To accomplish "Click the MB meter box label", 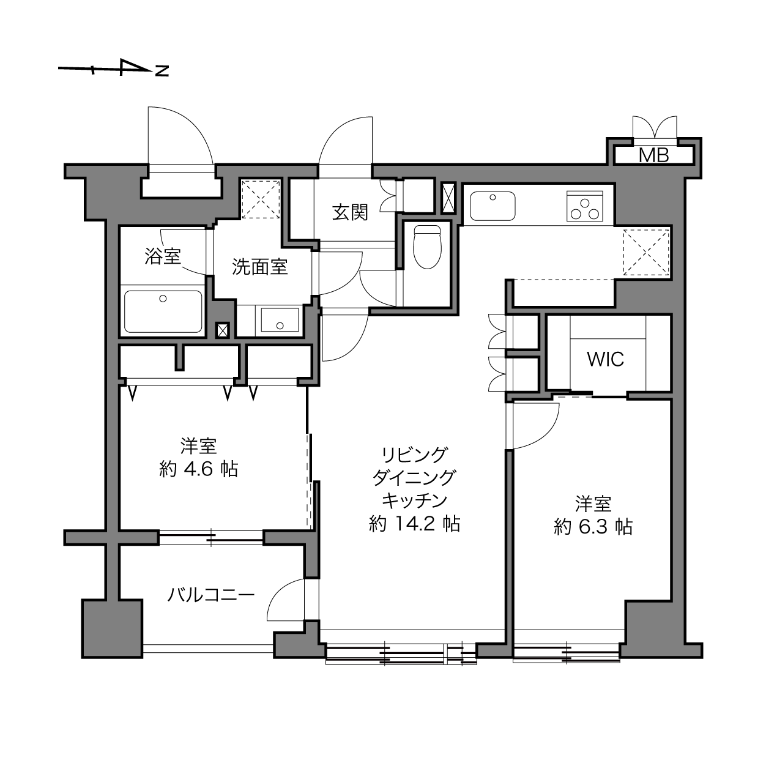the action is pyautogui.click(x=654, y=155).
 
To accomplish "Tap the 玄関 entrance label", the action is pyautogui.click(x=350, y=212).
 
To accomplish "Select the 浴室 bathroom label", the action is pyautogui.click(x=163, y=256).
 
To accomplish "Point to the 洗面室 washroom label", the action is pyautogui.click(x=260, y=267).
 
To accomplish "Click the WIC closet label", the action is pyautogui.click(x=606, y=359).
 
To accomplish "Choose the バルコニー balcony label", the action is pyautogui.click(x=210, y=596).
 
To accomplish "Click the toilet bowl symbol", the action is pyautogui.click(x=427, y=247).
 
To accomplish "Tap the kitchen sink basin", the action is pyautogui.click(x=493, y=206).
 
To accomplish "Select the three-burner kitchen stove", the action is pyautogui.click(x=585, y=206).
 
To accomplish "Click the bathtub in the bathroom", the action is pyautogui.click(x=163, y=311).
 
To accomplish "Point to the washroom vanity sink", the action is pyautogui.click(x=280, y=320).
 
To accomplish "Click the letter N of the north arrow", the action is pyautogui.click(x=162, y=71).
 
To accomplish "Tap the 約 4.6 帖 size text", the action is pyautogui.click(x=199, y=470).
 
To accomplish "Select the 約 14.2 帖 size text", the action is pyautogui.click(x=415, y=524).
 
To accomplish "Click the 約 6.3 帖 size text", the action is pyautogui.click(x=593, y=527).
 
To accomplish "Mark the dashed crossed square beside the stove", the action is pyautogui.click(x=646, y=253).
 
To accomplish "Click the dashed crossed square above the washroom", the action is pyautogui.click(x=261, y=199).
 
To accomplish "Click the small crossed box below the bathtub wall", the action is pyautogui.click(x=222, y=330).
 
